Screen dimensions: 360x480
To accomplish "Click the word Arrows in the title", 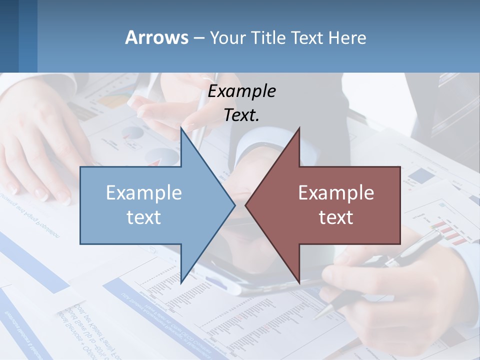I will point(156,37).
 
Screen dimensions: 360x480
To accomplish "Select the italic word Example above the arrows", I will point(241,91).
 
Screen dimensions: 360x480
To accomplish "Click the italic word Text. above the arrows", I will point(241,115).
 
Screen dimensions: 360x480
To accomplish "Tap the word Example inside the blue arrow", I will point(144,192).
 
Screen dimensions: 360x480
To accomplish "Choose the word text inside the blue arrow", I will point(144,217).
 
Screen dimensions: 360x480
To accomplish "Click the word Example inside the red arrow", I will point(336,192).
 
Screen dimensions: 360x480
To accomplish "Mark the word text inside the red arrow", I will point(336,217).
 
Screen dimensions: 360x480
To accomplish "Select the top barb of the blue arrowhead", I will point(181,129).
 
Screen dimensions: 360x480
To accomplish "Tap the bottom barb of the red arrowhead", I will point(298,280).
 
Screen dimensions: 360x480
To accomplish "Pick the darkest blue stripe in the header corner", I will point(9,36).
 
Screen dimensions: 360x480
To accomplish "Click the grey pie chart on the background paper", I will point(132,133).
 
